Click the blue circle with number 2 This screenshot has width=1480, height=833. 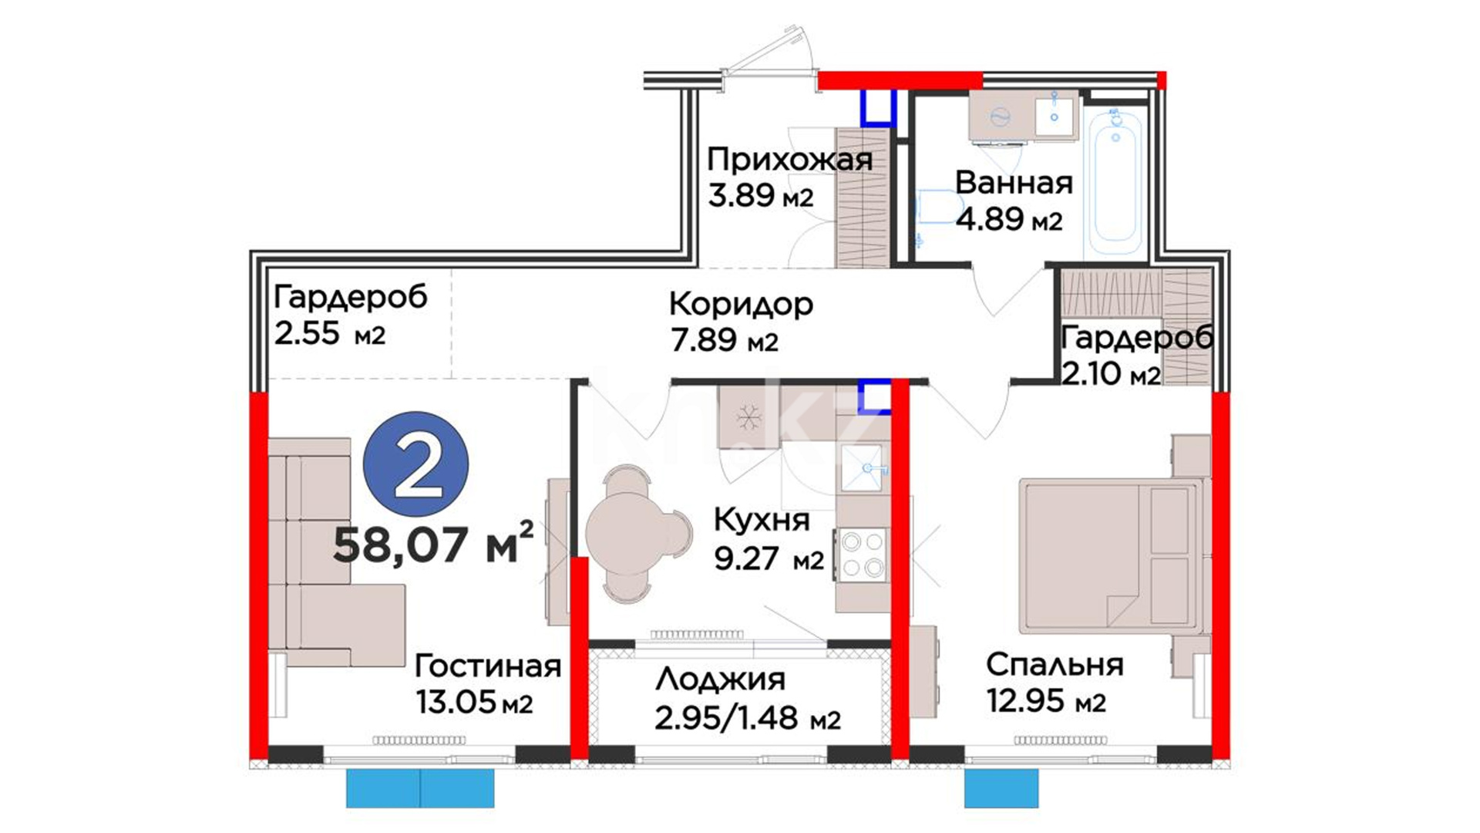pyautogui.click(x=416, y=464)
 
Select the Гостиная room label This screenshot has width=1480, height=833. pyautogui.click(x=488, y=665)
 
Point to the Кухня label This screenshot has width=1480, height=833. pyautogui.click(x=762, y=521)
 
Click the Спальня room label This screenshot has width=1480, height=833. pyautogui.click(x=1054, y=665)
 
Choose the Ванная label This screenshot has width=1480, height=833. pyautogui.click(x=1014, y=183)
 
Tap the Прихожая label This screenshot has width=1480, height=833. pyautogui.click(x=789, y=160)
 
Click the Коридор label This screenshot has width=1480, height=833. pyautogui.click(x=741, y=305)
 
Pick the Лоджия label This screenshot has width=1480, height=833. pyautogui.click(x=721, y=680)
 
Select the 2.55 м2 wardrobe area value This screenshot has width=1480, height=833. pyautogui.click(x=330, y=333)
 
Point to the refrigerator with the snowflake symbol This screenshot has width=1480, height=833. pyautogui.click(x=748, y=417)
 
